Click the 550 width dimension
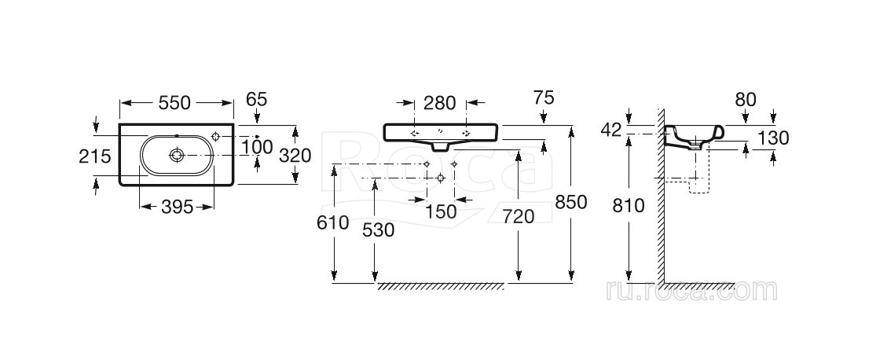point(177,102)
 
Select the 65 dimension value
point(257,99)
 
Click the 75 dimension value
point(543,98)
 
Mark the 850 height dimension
point(571,203)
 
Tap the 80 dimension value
point(746,100)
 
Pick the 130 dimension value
point(774,138)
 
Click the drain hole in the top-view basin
point(178,156)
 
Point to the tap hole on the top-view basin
point(218,138)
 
